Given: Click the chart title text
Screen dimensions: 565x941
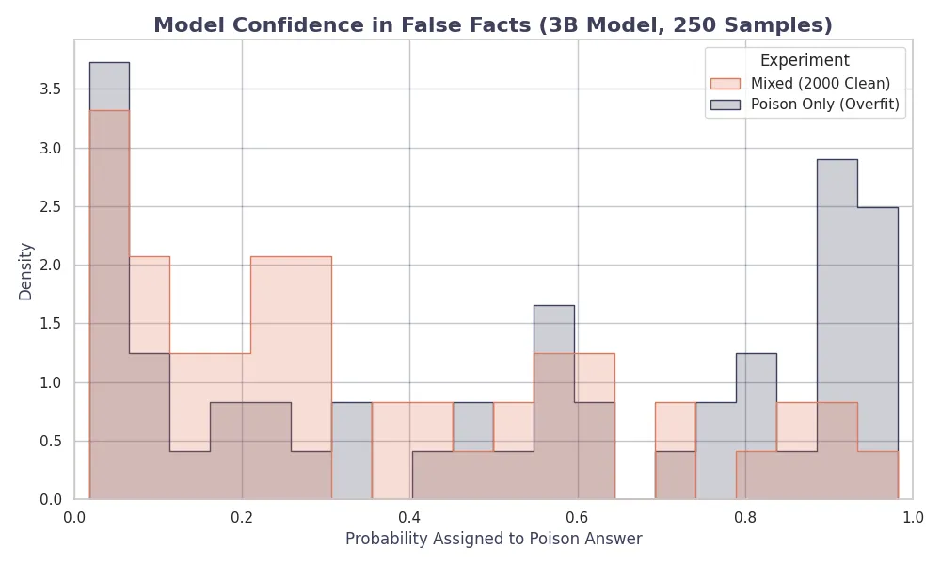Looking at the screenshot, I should (493, 25).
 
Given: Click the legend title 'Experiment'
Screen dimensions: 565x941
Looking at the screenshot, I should (805, 60).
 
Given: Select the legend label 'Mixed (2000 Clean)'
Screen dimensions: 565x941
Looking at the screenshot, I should (821, 83).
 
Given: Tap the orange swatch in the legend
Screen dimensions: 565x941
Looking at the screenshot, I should (726, 83).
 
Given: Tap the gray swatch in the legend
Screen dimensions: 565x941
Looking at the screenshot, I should (726, 105).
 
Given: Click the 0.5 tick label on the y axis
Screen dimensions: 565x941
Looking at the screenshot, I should (51, 441).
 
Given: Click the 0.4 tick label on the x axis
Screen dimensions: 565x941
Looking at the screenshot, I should (409, 517).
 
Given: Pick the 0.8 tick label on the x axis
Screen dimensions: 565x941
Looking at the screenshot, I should (745, 517).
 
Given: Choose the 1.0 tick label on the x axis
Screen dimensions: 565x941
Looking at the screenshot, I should (912, 517).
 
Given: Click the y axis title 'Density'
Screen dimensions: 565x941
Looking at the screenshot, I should (26, 271).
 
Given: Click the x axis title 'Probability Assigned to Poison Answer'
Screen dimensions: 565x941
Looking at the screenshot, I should (493, 540).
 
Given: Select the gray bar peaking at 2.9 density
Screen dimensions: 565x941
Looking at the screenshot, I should (837, 282).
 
